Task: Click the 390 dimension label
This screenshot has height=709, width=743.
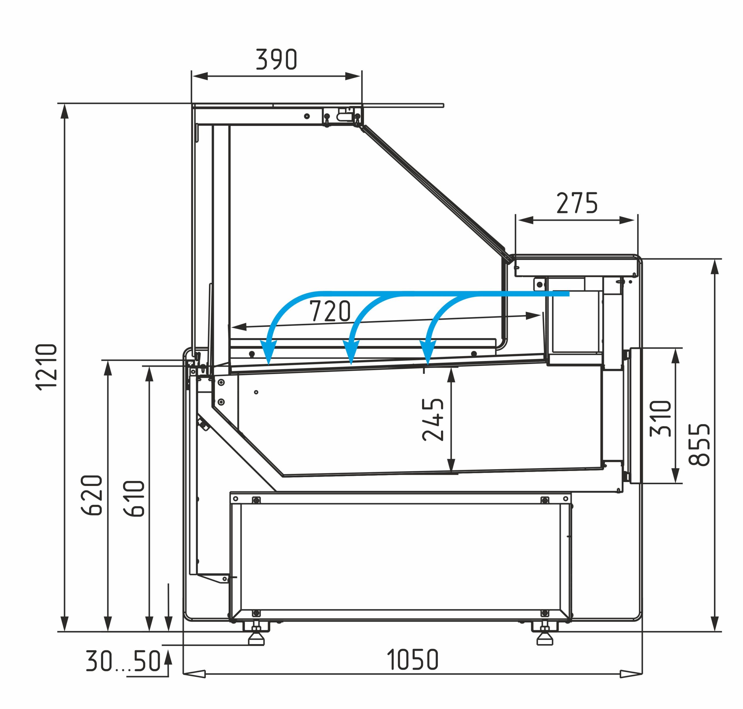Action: pos(277,60)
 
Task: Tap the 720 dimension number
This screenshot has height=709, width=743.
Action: pos(330,311)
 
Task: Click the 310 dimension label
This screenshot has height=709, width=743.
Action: pos(661,418)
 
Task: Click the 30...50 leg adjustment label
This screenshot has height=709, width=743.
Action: pos(123,661)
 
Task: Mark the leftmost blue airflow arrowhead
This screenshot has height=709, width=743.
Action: pos(268,351)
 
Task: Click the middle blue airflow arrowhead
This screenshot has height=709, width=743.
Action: pos(351,351)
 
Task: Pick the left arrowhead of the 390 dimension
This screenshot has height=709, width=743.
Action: pos(200,76)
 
